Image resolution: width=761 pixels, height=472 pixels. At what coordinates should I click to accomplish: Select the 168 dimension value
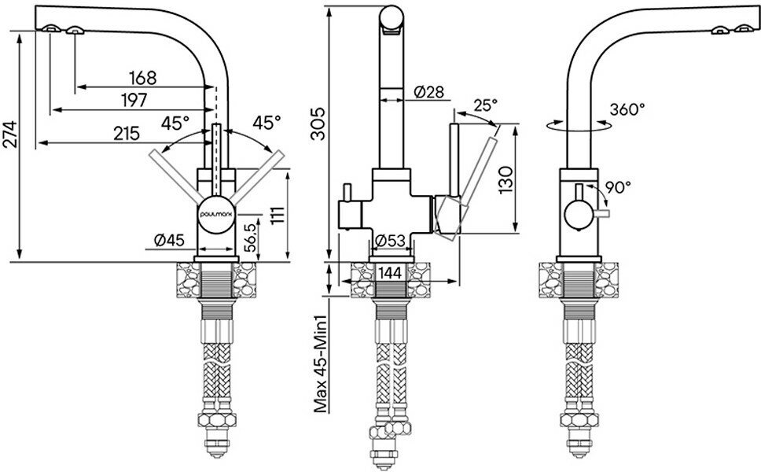point(144,78)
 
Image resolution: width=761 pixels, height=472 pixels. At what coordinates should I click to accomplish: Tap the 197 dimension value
point(137,100)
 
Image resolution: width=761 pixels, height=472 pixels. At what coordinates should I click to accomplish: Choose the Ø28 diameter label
point(428,92)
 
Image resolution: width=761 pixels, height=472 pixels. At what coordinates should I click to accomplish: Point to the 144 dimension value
point(392,272)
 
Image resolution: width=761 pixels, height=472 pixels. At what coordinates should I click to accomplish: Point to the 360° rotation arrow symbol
point(580,124)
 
